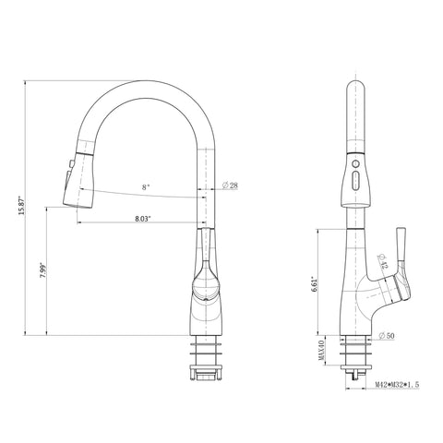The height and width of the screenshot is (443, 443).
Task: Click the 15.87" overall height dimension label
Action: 21,205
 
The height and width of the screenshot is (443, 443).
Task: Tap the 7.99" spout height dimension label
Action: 43,270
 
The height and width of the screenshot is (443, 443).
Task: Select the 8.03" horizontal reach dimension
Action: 143,219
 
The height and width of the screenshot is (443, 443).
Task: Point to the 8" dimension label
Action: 146,187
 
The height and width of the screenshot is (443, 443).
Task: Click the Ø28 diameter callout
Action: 230,186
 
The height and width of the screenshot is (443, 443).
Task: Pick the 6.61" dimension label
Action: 315,283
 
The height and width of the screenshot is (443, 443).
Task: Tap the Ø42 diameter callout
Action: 382,261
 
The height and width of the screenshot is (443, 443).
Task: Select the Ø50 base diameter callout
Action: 387,336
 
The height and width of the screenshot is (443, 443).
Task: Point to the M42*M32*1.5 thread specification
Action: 397,384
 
